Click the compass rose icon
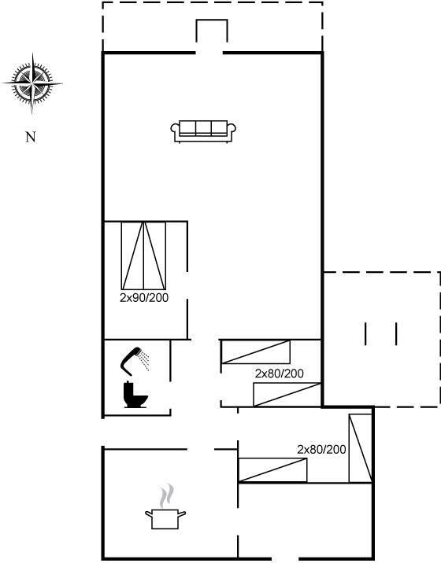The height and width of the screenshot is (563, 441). pos(32,83)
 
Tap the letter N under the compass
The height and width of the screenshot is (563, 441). pos(31,137)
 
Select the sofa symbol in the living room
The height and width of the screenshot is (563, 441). pos(203,131)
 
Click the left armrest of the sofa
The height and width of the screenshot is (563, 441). pos(175,132)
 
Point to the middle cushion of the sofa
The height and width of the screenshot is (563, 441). pos(203,128)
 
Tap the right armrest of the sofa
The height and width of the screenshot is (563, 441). pos(232,132)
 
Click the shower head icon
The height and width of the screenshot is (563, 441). pos(134,361)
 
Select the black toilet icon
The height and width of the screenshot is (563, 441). pos(135,395)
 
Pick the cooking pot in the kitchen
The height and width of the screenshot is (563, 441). pos(165,519)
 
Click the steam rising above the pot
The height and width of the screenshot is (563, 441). pos(167,496)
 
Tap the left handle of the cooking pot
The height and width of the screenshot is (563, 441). pos(149,514)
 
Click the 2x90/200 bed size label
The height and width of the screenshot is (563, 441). pos(144,298)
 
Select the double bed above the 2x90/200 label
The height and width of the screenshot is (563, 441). pos(143,256)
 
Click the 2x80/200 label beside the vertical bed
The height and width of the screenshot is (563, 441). pos(321,449)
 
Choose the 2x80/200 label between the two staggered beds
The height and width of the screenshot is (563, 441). pos(279,373)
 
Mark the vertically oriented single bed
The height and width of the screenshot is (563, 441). pos(361,448)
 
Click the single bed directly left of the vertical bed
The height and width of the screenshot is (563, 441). pos(272,470)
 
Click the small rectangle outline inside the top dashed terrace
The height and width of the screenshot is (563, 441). pos(212,31)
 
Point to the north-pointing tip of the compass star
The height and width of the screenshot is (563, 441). pos(33,53)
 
